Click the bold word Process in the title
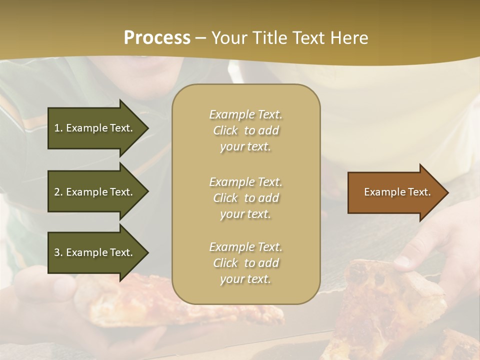157,38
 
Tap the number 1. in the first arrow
58,128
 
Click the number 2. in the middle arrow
58,192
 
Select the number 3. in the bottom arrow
58,252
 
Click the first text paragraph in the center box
245,130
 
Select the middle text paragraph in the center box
245,198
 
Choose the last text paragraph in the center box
245,263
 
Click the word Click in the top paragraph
225,130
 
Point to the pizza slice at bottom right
395,300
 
